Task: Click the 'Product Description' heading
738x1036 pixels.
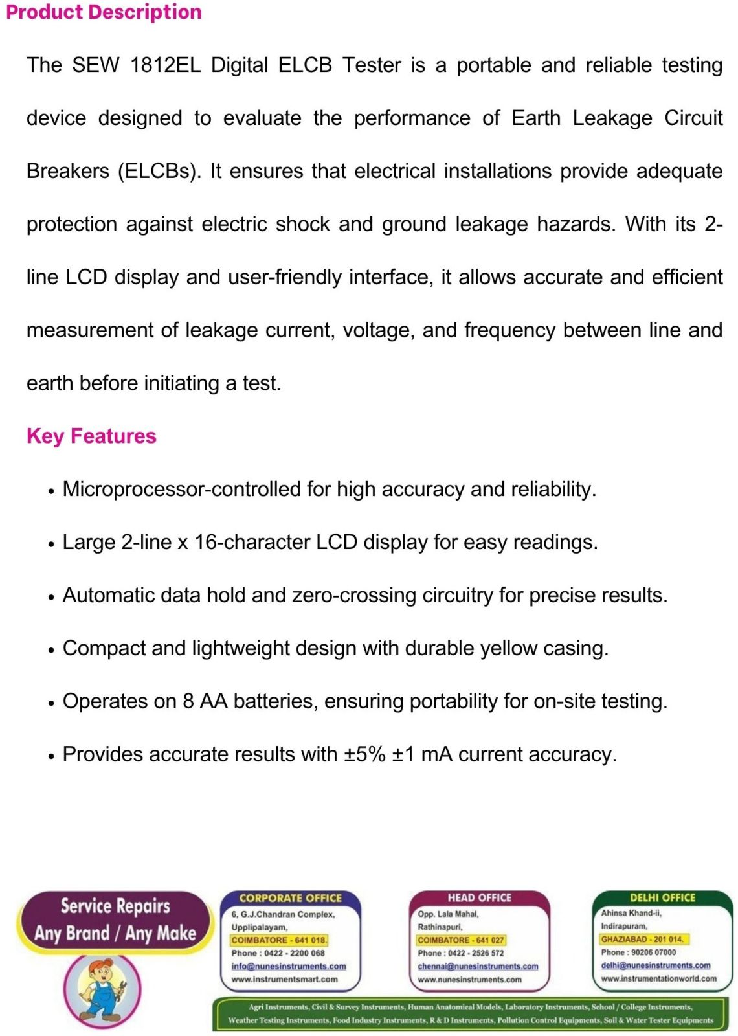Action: coord(104,12)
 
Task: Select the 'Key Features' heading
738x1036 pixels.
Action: coord(91,436)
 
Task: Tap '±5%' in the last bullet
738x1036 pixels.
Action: coord(364,754)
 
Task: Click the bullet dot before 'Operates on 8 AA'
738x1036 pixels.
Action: coord(51,703)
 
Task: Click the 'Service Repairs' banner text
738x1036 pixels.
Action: coord(115,906)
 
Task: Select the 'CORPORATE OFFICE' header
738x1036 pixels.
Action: coord(290,898)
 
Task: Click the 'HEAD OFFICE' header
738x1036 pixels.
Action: coord(479,897)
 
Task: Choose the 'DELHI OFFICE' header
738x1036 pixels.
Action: coord(662,897)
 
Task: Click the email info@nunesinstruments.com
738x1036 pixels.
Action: coord(289,966)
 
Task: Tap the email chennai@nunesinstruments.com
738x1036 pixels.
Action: coord(478,966)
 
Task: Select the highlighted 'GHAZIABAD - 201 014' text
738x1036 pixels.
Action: coord(642,939)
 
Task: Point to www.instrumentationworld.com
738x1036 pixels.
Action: coord(658,978)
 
